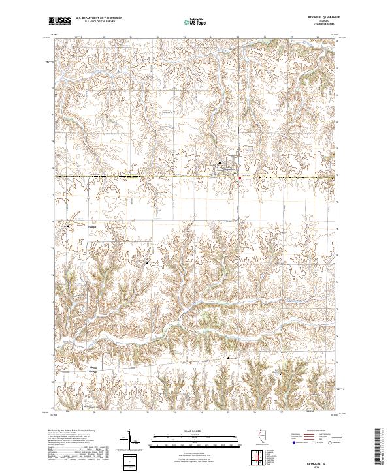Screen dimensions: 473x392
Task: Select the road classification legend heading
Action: (x=310, y=432)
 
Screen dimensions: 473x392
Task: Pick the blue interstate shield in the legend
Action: (x=290, y=441)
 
